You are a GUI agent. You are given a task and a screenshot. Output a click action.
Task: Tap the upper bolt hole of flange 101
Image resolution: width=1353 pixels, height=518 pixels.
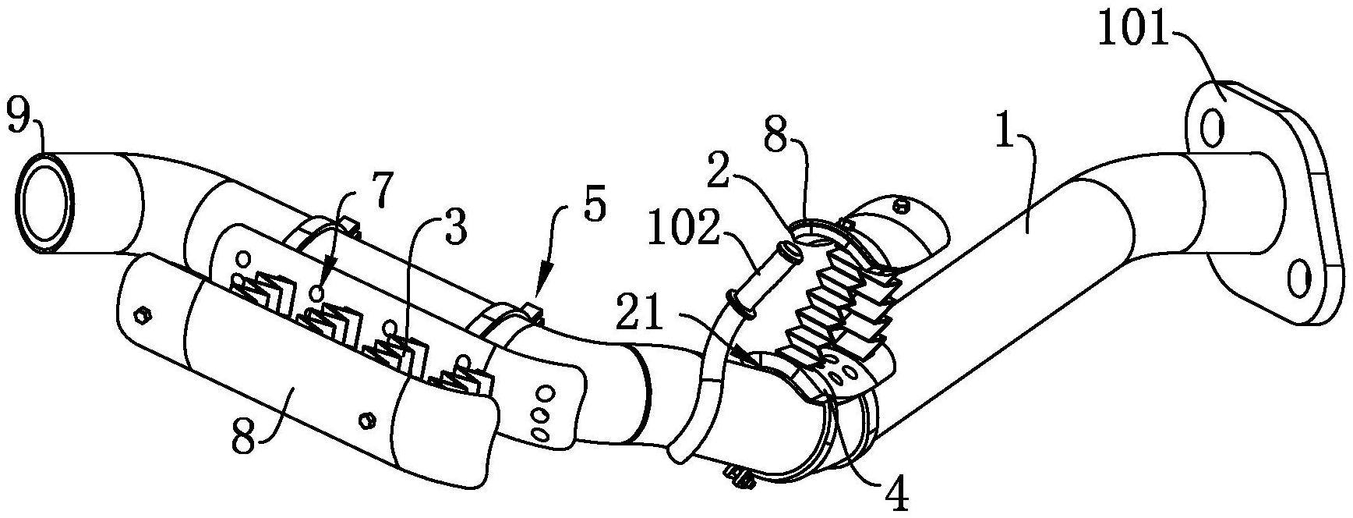(x=1210, y=129)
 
